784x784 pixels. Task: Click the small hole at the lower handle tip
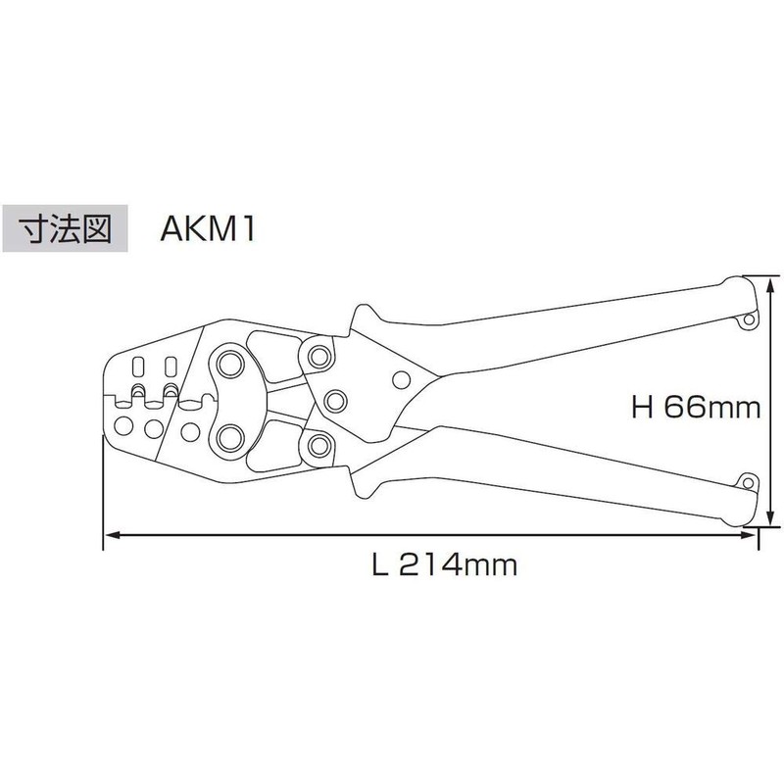point(748,482)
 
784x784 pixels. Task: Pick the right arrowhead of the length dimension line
point(757,535)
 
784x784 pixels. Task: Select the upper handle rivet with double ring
point(318,352)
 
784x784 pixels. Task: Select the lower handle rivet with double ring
point(318,446)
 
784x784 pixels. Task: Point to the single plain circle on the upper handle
point(400,380)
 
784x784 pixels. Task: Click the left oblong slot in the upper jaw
point(137,368)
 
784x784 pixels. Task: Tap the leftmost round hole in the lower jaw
point(124,427)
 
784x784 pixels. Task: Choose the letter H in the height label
point(643,407)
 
